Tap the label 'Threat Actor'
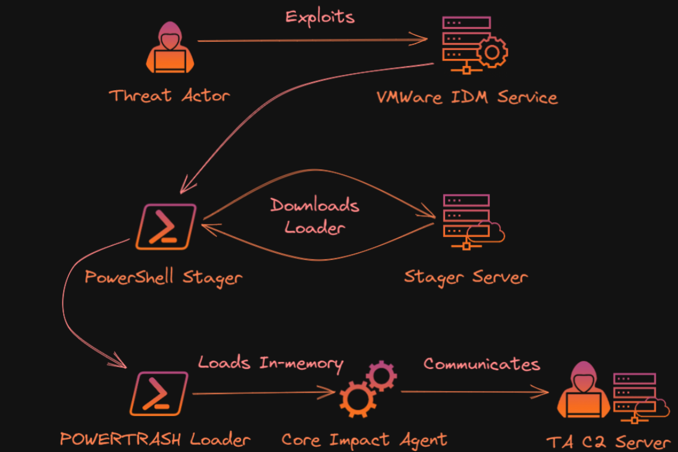pos(169,95)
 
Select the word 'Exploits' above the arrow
pos(320,16)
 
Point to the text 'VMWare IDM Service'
pos(467,96)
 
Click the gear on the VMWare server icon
pos(492,52)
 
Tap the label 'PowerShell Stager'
pos(163,277)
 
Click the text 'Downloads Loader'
pos(315,216)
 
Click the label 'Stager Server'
pos(466,277)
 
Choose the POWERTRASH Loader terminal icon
pos(160,394)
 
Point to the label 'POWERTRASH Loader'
pos(155,439)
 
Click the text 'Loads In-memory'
pos(270,363)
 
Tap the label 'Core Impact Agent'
pos(364,440)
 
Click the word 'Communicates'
pos(482,364)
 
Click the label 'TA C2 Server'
pos(608,443)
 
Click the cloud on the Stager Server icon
pos(491,232)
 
